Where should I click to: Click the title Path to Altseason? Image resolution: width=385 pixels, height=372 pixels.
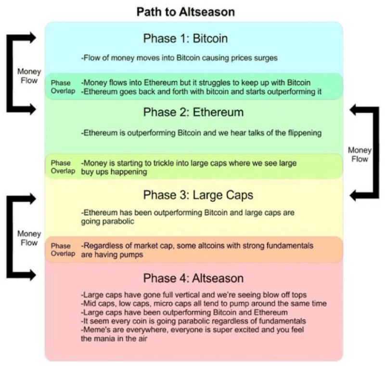(x=185, y=11)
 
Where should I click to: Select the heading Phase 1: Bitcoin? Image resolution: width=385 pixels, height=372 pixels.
(x=185, y=38)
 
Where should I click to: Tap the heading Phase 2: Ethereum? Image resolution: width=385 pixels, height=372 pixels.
(x=193, y=112)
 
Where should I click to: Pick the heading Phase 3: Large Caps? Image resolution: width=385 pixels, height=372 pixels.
(x=198, y=195)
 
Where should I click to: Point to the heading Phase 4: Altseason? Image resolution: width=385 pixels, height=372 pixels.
(x=193, y=278)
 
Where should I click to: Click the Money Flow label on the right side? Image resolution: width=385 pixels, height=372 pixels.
(x=359, y=155)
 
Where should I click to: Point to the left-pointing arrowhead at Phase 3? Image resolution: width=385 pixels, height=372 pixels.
(x=354, y=195)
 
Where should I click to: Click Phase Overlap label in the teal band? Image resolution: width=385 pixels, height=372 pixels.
(x=63, y=87)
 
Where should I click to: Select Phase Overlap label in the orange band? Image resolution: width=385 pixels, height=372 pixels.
(x=63, y=250)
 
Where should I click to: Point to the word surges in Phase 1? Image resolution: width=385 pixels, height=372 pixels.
(x=267, y=58)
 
